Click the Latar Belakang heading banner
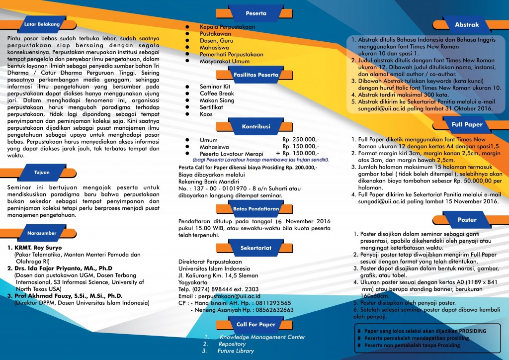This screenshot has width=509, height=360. (x=42, y=24)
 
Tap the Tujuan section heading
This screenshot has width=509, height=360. (x=42, y=173)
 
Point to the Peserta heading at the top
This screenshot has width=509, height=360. (x=256, y=13)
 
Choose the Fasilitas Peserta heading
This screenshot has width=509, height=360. (x=256, y=75)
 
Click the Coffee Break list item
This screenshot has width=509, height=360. (x=217, y=93)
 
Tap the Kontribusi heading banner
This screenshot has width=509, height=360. (x=256, y=127)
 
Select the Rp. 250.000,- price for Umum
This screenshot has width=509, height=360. (x=301, y=140)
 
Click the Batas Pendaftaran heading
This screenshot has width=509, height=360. (x=256, y=209)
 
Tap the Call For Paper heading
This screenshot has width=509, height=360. (x=256, y=324)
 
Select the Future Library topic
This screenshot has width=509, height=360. (x=236, y=351)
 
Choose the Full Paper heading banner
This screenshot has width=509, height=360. (x=467, y=124)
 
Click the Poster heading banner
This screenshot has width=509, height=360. (x=467, y=219)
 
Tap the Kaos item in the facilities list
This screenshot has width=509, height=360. (x=206, y=114)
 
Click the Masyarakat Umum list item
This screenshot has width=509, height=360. (x=223, y=61)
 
